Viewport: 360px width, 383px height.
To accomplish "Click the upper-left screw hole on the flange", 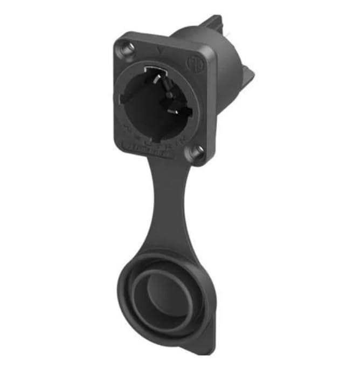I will [x=128, y=50].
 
